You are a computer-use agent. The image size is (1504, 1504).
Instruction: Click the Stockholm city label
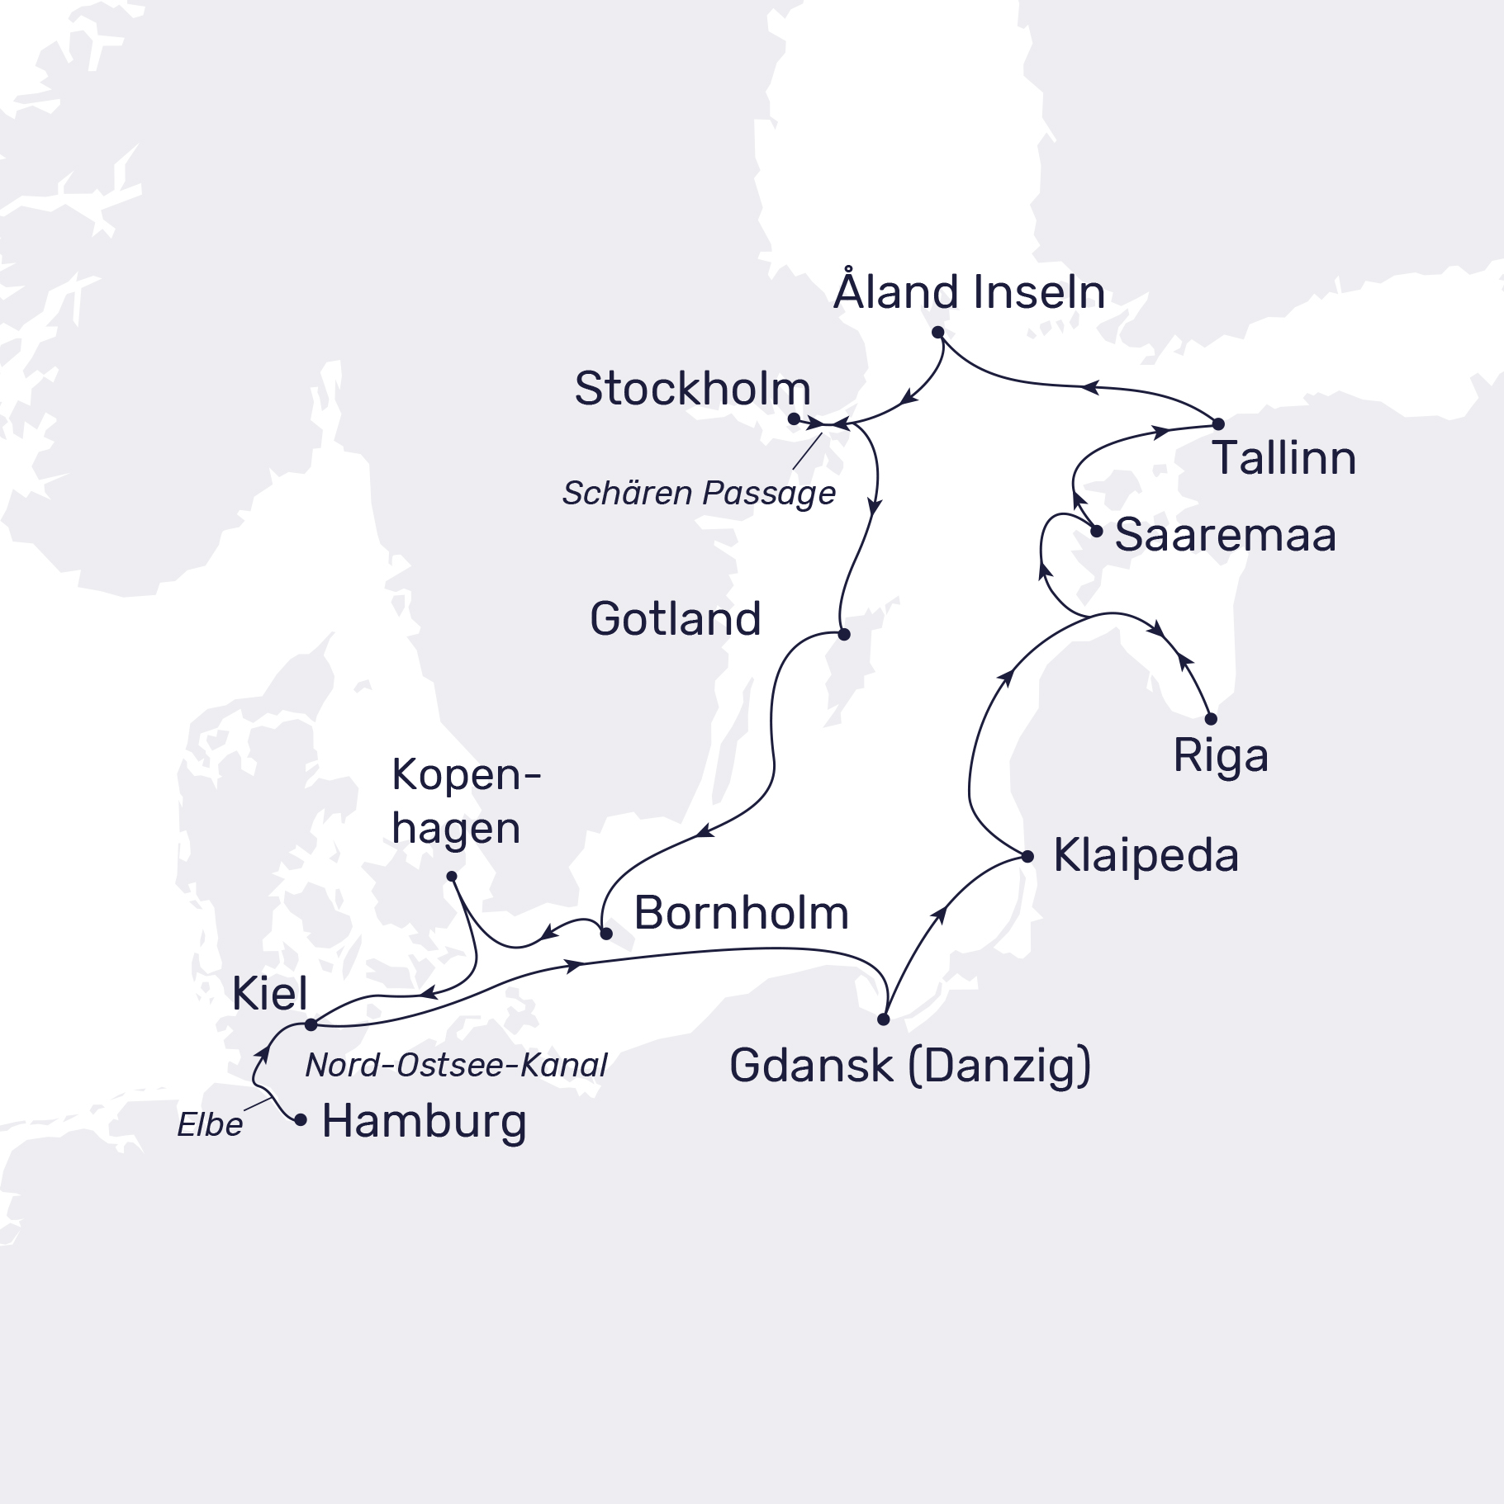click(x=692, y=389)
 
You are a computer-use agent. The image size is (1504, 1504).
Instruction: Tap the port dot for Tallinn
click(x=1218, y=424)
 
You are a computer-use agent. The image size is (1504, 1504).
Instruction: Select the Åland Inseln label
click(x=969, y=292)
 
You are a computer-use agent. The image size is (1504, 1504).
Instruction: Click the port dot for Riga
click(x=1211, y=719)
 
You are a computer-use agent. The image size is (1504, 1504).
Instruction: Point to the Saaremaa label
click(x=1225, y=535)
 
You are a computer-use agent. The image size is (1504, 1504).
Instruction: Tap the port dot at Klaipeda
click(x=1027, y=857)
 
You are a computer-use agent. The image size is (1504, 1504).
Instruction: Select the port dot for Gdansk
click(x=884, y=1019)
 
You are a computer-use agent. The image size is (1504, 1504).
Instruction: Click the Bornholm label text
click(x=741, y=913)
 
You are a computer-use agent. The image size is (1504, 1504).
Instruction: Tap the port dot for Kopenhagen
click(x=452, y=877)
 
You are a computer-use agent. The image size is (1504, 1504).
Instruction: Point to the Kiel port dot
click(x=311, y=1024)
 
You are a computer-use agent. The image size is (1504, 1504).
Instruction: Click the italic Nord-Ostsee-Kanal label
click(x=456, y=1066)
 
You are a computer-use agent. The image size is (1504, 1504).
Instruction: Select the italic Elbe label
click(x=210, y=1125)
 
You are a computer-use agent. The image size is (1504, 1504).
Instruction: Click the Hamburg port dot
click(x=301, y=1120)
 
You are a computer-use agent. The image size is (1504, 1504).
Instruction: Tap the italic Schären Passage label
click(x=699, y=494)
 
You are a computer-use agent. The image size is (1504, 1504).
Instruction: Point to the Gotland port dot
click(x=843, y=635)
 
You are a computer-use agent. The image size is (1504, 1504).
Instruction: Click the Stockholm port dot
click(x=794, y=419)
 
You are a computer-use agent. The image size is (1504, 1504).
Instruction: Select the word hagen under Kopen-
click(x=456, y=828)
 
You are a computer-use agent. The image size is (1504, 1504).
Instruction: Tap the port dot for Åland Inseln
click(x=937, y=333)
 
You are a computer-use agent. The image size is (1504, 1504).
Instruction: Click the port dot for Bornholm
click(x=606, y=934)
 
